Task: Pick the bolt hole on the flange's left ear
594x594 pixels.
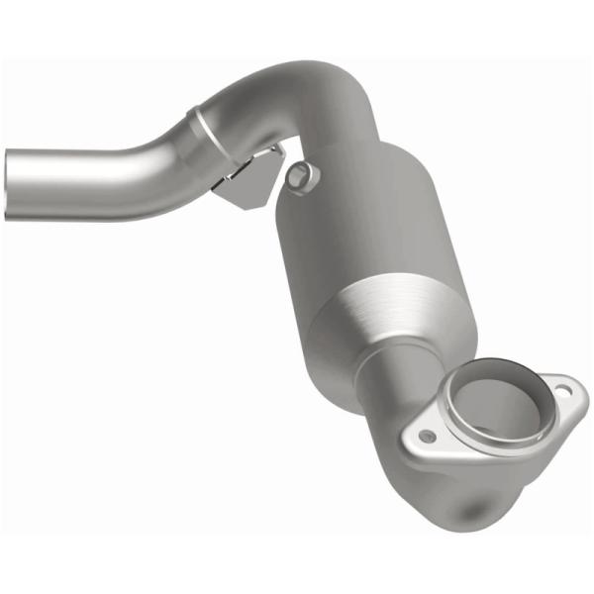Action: (427, 436)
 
